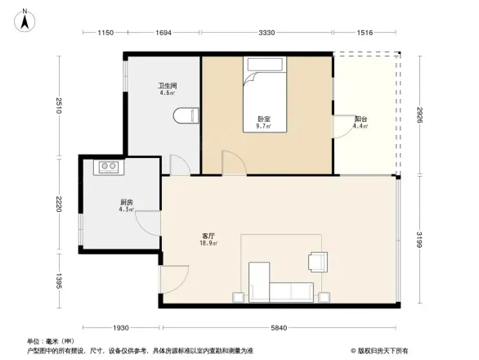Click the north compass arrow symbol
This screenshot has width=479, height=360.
(x=27, y=18)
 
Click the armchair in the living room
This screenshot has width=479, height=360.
(x=317, y=261)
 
